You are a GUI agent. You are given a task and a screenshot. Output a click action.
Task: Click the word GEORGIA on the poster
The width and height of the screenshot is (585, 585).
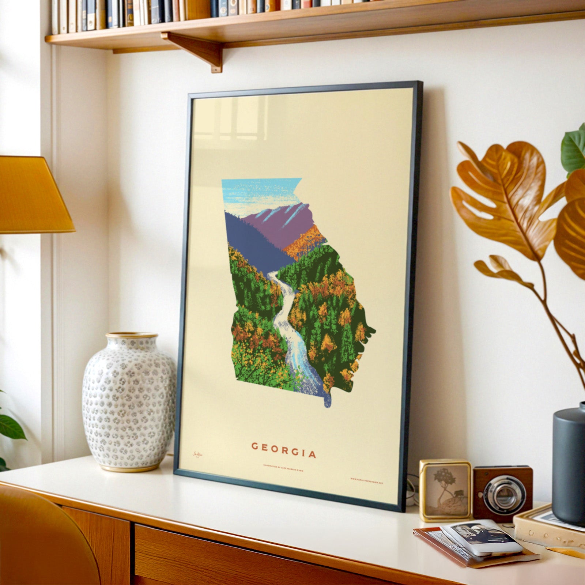[284, 451]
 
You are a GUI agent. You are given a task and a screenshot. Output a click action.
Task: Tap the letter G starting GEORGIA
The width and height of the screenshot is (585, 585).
[255, 446]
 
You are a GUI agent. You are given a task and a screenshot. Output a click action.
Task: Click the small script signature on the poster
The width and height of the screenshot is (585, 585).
[198, 454]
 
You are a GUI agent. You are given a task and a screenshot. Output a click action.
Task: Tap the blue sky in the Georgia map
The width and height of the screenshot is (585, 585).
[256, 192]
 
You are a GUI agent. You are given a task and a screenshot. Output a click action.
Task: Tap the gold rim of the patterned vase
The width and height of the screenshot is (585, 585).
[132, 335]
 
